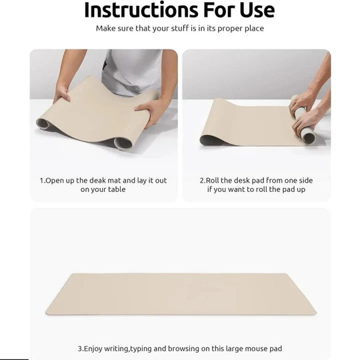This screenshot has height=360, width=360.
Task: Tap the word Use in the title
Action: pyautogui.click(x=254, y=10)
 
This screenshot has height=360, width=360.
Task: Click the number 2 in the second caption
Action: pyautogui.click(x=202, y=180)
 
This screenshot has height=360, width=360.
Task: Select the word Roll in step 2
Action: pyautogui.click(x=215, y=180)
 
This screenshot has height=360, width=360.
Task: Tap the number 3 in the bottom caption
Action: pyautogui.click(x=81, y=348)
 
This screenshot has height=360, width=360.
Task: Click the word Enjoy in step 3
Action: pyautogui.click(x=97, y=348)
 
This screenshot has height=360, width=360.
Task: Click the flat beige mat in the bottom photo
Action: pyautogui.click(x=180, y=293)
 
